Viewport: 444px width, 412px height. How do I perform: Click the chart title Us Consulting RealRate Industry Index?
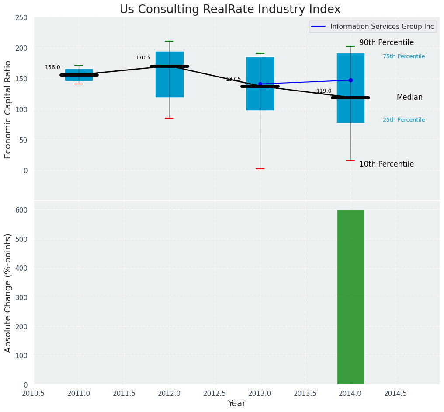(x=230, y=10)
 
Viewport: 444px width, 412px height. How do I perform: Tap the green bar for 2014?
(x=350, y=297)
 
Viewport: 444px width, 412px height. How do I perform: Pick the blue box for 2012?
(x=170, y=83)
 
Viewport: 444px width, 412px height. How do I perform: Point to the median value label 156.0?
(x=52, y=67)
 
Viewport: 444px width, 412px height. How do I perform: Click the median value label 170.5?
(x=143, y=58)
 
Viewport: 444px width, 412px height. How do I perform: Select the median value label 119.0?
(x=324, y=91)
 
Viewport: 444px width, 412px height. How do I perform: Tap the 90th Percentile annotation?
(x=386, y=42)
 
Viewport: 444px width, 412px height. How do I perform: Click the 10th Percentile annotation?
(x=386, y=164)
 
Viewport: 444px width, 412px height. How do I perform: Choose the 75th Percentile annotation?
(x=404, y=56)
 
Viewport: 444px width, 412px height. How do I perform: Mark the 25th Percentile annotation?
(x=404, y=120)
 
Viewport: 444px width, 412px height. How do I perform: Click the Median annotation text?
(x=409, y=97)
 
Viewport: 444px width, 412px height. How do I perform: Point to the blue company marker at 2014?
(x=350, y=80)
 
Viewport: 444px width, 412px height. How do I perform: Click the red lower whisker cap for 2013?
(x=260, y=169)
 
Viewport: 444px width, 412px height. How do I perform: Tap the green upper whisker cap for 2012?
(x=169, y=41)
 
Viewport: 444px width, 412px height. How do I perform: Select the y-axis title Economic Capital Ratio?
(x=8, y=109)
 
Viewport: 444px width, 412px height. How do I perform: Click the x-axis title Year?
(x=236, y=404)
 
